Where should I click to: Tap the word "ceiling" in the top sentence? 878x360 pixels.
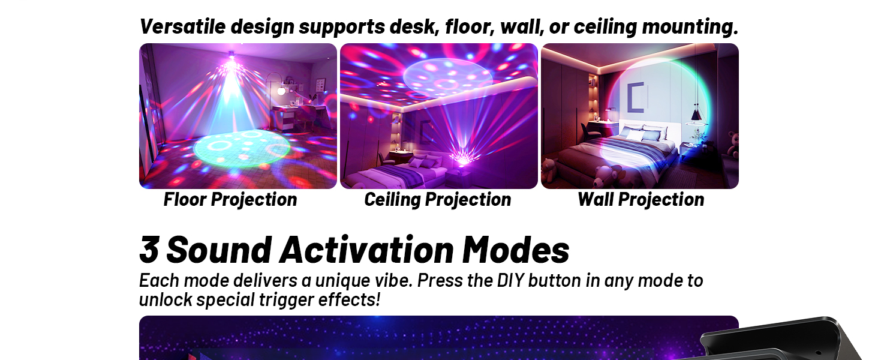coord(605,26)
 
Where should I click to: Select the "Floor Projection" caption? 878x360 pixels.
coord(230,199)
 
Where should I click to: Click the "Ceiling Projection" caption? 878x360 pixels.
coord(438,199)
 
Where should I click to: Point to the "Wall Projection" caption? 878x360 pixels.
coord(641,199)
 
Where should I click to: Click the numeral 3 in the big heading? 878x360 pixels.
coord(149,250)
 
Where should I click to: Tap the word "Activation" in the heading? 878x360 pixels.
coord(366,250)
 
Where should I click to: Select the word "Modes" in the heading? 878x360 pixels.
coord(516,250)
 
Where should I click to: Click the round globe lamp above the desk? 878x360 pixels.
coord(281,91)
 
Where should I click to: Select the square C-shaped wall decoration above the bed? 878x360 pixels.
coord(636,96)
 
